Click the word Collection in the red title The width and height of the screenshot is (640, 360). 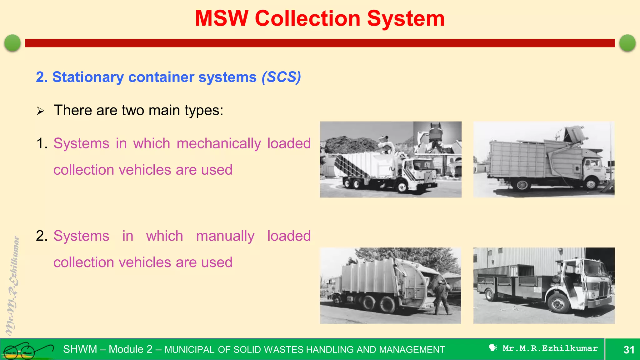point(307,18)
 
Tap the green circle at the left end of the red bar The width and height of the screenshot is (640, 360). point(12,43)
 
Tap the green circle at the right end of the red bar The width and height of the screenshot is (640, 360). point(627,43)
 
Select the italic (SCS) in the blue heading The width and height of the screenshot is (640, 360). point(281,77)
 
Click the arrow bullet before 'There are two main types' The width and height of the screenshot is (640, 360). point(40,111)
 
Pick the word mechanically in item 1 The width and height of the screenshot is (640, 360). point(219,144)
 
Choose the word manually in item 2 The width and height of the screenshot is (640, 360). point(225,236)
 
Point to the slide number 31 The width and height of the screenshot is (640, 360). point(629,349)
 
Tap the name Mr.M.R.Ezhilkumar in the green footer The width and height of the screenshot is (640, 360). point(550,348)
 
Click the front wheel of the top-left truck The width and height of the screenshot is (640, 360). point(402,187)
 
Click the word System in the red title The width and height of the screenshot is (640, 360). point(406,18)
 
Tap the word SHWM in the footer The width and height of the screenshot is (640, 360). point(80,349)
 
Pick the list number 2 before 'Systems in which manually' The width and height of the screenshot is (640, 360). point(41,236)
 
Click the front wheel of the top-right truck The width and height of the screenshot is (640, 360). point(591,184)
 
